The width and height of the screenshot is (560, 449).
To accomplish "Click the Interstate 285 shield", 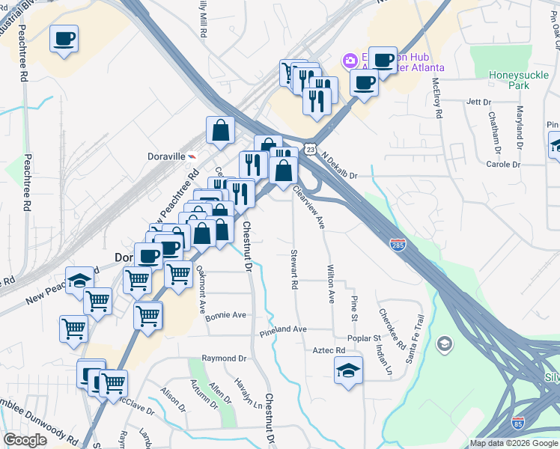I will coord(398,245).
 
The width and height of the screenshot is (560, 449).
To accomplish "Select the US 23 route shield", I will coord(309,150).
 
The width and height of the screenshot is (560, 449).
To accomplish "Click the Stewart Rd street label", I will coord(294,270).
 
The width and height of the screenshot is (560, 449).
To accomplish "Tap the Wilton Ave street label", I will coord(330,283).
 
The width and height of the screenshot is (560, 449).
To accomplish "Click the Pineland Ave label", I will coord(284,329).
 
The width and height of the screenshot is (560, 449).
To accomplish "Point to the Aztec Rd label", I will coord(329,350).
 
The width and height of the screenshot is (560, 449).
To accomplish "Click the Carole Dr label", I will coord(503,165).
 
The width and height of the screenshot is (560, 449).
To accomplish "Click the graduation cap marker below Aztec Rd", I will coord(348,371).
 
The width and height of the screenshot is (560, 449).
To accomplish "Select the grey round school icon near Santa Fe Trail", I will coord(445,343).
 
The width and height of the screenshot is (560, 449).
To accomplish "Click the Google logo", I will coord(25,441).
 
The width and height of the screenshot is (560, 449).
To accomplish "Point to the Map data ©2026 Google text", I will coord(514,443).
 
